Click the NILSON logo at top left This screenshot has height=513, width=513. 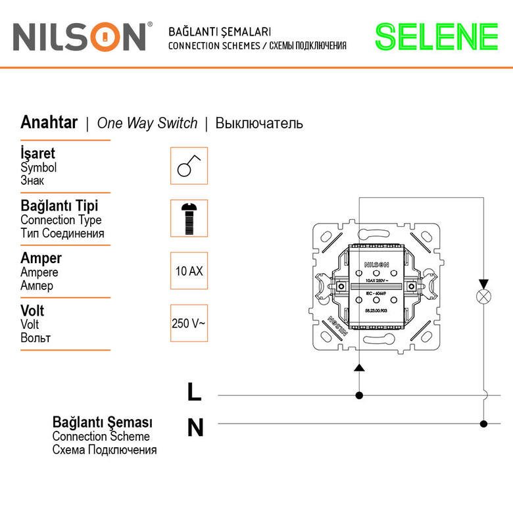click(79, 37)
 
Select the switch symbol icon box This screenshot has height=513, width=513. click(189, 166)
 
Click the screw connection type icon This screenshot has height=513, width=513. click(189, 218)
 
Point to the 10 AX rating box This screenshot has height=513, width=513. click(189, 270)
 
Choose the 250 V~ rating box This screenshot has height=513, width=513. click(189, 323)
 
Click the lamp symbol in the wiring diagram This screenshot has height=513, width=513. click(484, 296)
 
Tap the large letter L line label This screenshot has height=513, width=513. click(194, 392)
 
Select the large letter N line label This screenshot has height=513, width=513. click(195, 428)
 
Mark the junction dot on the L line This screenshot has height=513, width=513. click(359, 395)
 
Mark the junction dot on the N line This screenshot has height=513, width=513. click(484, 424)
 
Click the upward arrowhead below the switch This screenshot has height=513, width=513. click(359, 366)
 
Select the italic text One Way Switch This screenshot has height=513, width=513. click(147, 123)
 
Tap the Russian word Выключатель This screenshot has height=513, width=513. click(259, 123)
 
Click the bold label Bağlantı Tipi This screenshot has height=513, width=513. click(61, 207)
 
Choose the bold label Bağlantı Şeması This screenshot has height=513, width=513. click(102, 422)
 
